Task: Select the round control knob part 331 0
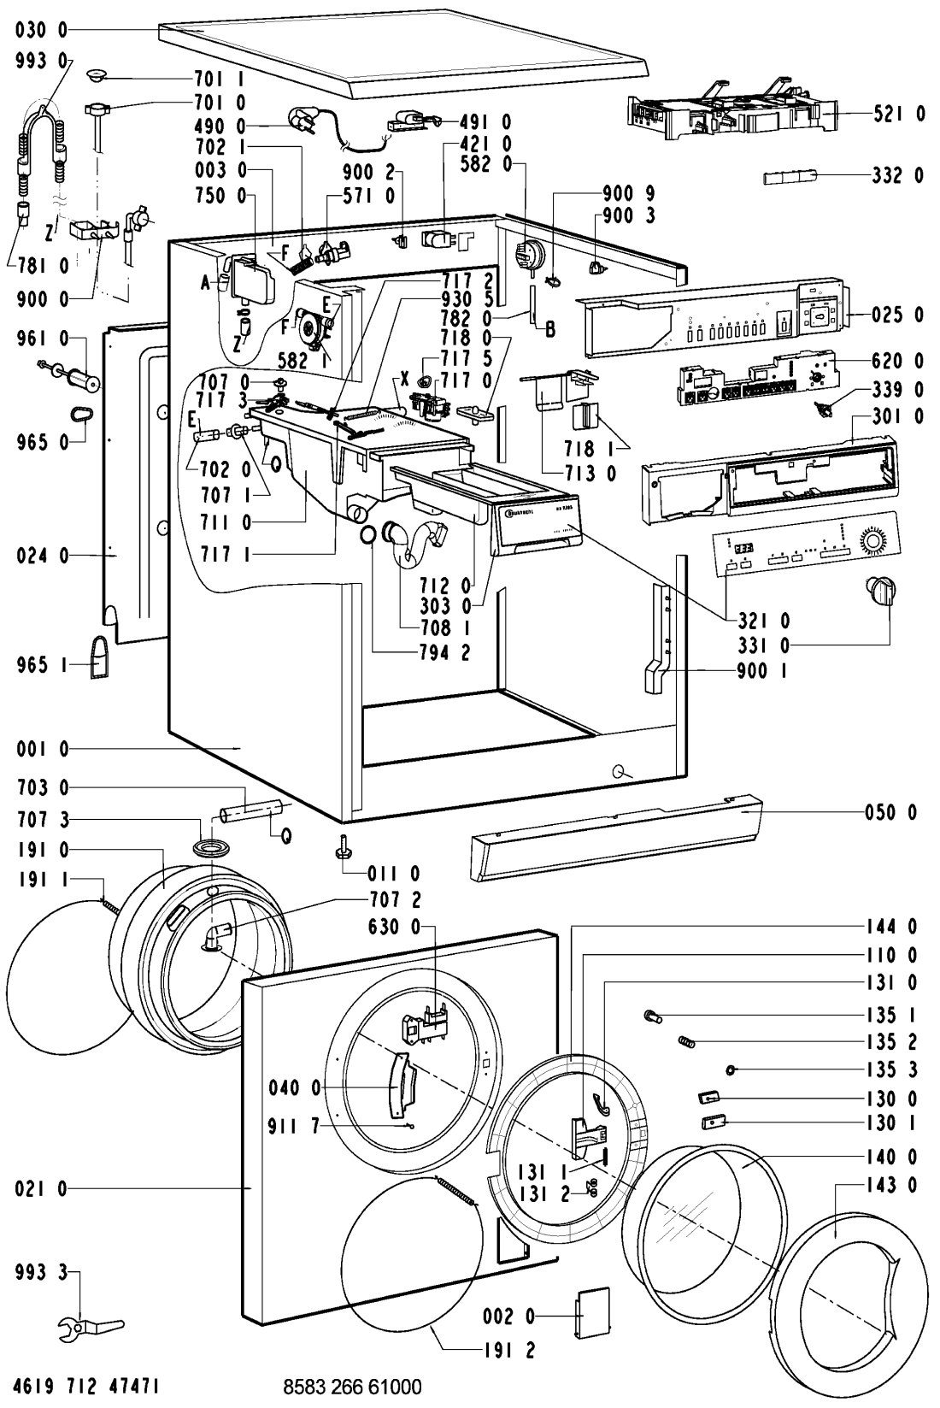click(878, 591)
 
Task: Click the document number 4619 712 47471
click(81, 1386)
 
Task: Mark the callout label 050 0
click(890, 812)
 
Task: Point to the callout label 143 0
click(890, 1185)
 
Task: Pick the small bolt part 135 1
click(653, 1016)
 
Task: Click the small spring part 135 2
click(684, 1042)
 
